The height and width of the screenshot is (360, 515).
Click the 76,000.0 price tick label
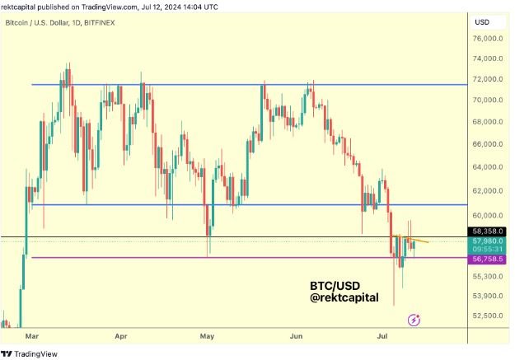coord(487,39)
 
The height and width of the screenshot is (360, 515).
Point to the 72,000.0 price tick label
coord(487,80)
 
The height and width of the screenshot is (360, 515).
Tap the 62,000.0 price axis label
coord(487,191)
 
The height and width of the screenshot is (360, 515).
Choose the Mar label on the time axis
coord(32,337)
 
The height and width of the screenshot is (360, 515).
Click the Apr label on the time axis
coord(121,337)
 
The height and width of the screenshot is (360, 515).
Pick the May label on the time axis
coord(207,337)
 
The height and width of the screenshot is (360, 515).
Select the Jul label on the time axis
coord(383,337)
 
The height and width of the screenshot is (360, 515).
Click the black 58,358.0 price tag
coord(487,232)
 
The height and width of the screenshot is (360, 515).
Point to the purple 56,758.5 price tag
coord(487,259)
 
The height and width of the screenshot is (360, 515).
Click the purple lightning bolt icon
coord(414,318)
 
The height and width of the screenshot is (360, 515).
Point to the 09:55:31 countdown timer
coord(487,250)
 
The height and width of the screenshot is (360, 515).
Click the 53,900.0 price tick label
coord(487,296)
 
